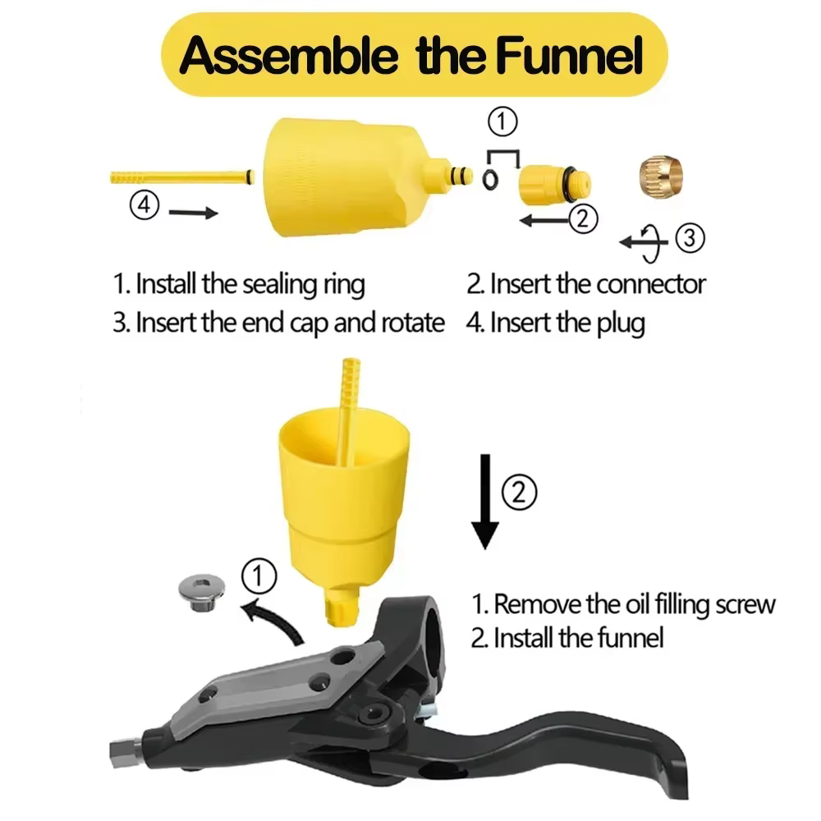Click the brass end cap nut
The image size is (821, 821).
click(661, 176)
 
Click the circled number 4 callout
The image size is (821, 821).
click(144, 204)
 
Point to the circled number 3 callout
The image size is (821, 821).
click(690, 238)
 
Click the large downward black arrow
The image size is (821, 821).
click(485, 501)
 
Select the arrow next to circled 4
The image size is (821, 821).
click(193, 213)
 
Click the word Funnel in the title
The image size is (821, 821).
click(569, 55)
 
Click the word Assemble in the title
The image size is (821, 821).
click(288, 55)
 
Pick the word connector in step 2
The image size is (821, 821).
click(651, 284)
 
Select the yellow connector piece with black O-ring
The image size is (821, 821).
click(555, 184)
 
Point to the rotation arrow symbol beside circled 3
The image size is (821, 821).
click(647, 243)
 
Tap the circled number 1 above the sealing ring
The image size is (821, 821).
click(502, 122)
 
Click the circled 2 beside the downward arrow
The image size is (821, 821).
click(519, 492)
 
